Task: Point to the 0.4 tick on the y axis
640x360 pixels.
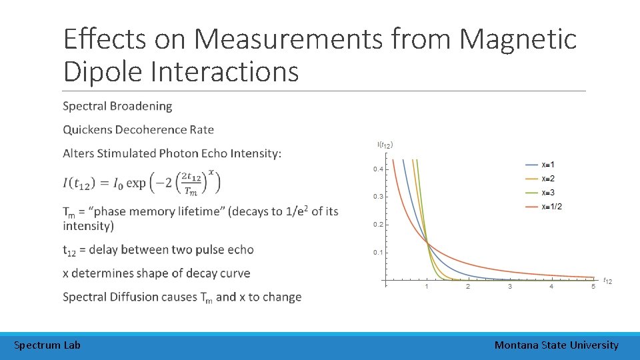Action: [x=378, y=169]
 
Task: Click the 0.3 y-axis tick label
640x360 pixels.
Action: [x=378, y=197]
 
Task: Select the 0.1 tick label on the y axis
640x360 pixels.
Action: [x=378, y=252]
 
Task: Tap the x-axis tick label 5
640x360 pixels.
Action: [x=593, y=287]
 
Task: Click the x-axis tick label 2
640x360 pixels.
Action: [x=468, y=287]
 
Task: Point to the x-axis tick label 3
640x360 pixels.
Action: [x=510, y=287]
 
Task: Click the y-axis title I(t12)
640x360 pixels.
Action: [x=385, y=145]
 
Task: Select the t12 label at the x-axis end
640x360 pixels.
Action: [x=607, y=281]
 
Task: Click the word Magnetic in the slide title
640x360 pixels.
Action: [x=518, y=39]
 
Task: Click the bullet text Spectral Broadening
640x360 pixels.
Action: [x=117, y=106]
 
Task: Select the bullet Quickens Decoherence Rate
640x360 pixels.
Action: [x=138, y=129]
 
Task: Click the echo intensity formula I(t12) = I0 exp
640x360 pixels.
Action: [x=141, y=182]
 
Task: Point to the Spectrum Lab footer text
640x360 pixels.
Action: [x=47, y=345]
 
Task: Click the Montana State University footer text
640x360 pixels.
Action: [x=556, y=345]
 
